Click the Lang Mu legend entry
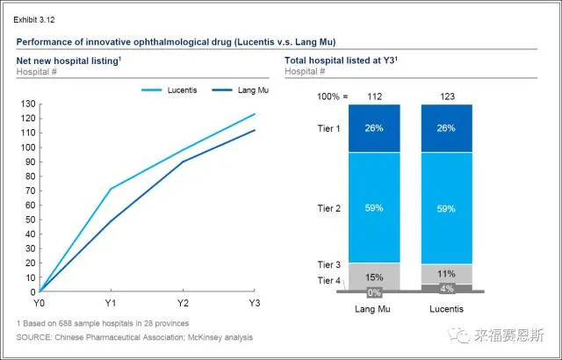253,90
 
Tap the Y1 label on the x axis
110,303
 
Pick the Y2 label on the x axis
183,303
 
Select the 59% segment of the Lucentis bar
446,208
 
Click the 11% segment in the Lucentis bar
446,273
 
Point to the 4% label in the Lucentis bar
446,287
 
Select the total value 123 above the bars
446,97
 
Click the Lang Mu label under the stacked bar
372,310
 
